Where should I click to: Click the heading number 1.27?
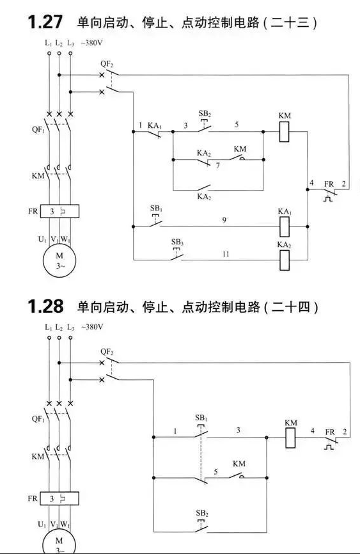(x=45, y=22)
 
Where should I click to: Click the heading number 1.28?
(x=45, y=306)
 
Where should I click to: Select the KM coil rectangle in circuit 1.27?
(x=284, y=132)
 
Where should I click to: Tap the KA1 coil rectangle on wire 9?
(x=285, y=226)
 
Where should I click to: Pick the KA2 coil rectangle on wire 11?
(x=285, y=260)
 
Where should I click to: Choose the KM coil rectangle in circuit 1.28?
(x=290, y=438)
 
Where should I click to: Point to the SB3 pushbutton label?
(x=177, y=242)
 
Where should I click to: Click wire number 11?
(x=226, y=254)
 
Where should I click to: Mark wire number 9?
(x=224, y=220)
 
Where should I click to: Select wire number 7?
(x=218, y=165)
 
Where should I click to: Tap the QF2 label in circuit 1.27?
(x=107, y=65)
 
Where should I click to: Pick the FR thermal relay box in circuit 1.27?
(x=59, y=211)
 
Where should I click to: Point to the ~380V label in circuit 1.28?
(x=92, y=327)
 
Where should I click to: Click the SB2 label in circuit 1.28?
(x=202, y=513)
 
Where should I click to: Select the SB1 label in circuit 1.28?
(x=201, y=418)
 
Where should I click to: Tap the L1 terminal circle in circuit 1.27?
(x=49, y=53)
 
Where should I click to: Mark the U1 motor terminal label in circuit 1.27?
(x=42, y=239)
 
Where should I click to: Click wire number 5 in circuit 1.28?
(x=215, y=471)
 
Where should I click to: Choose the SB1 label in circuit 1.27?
(x=157, y=208)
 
